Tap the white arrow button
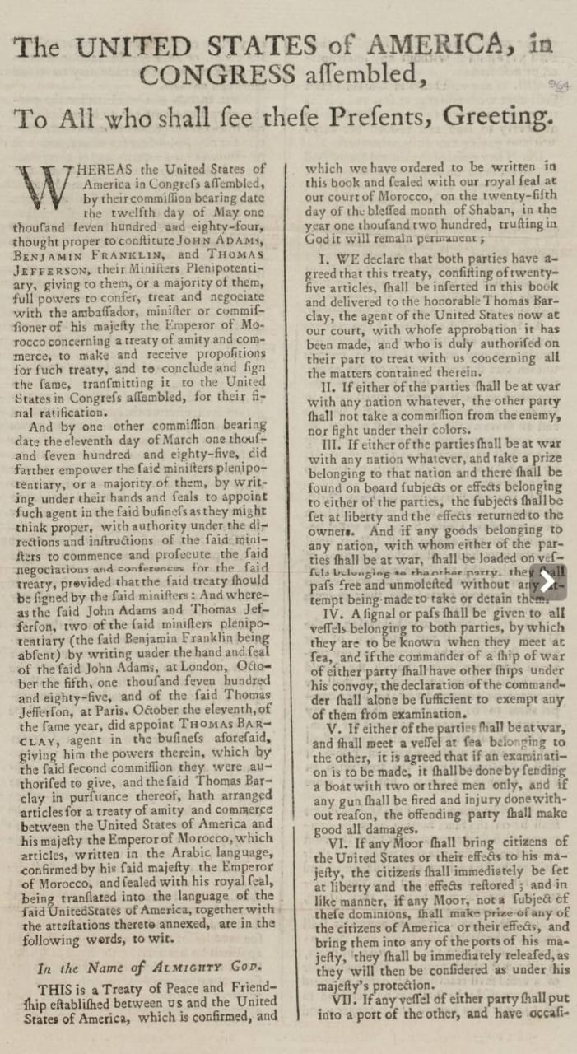[547, 581]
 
